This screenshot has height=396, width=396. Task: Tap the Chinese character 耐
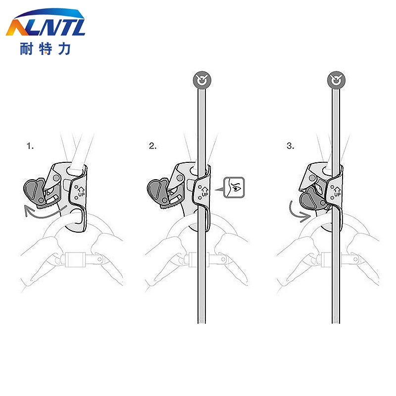pyautogui.click(x=27, y=49)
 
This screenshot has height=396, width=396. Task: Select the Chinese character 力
pyautogui.click(x=64, y=49)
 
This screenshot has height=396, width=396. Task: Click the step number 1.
pyautogui.click(x=30, y=146)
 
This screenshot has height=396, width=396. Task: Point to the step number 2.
pyautogui.click(x=152, y=146)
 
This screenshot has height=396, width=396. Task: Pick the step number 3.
pyautogui.click(x=291, y=146)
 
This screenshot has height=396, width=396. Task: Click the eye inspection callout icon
pyautogui.click(x=234, y=188)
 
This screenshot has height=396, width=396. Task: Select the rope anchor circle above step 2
pyautogui.click(x=202, y=80)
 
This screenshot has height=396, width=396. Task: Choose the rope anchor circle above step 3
pyautogui.click(x=336, y=80)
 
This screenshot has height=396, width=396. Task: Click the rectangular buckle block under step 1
pyautogui.click(x=75, y=259)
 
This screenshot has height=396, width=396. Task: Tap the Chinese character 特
pyautogui.click(x=46, y=49)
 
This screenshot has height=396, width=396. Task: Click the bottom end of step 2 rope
pyautogui.click(x=201, y=323)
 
